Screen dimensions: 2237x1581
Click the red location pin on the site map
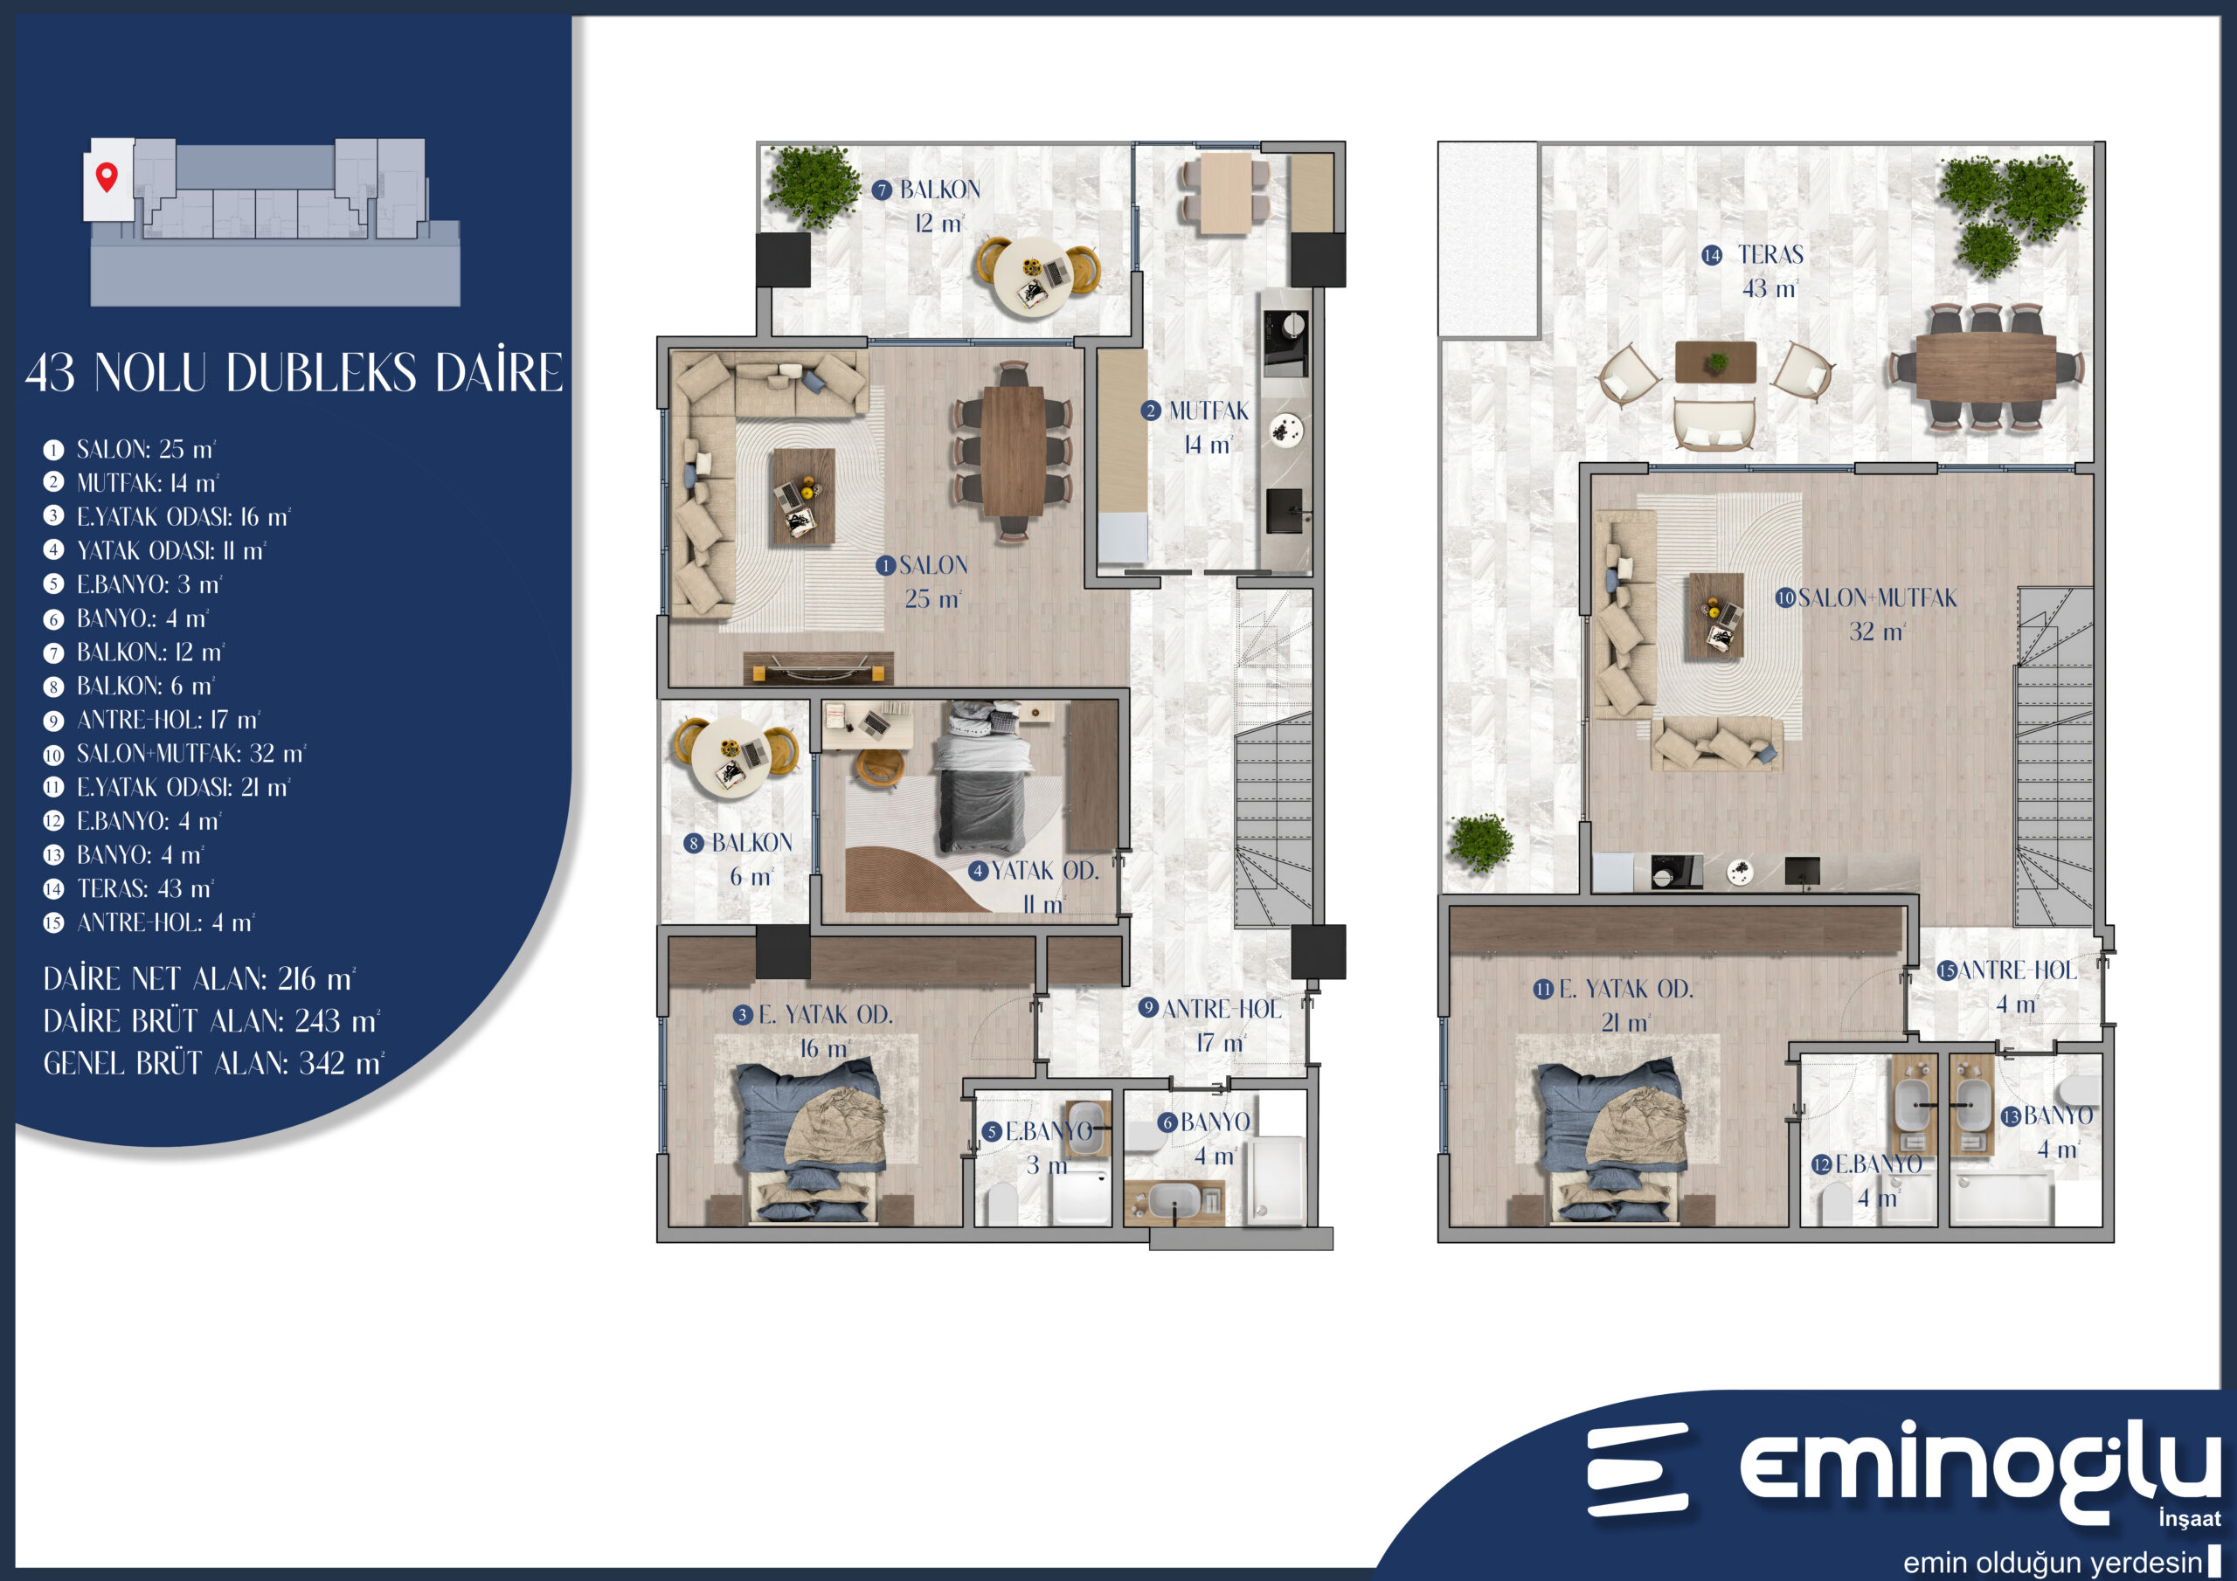(107, 176)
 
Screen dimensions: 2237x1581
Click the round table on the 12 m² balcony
(1036, 276)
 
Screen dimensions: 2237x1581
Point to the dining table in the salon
(1014, 451)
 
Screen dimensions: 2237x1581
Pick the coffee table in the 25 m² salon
(803, 495)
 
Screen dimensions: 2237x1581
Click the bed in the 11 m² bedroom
(982, 777)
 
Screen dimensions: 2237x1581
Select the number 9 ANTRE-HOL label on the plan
(1210, 1025)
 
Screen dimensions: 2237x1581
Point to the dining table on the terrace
(1985, 366)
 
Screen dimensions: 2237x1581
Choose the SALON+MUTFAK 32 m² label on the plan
(1866, 615)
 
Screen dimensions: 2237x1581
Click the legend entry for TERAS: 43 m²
(128, 888)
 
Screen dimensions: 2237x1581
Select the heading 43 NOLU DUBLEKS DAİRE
(294, 372)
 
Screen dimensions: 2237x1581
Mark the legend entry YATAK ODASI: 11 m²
(155, 551)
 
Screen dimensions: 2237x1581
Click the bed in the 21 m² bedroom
(1612, 1142)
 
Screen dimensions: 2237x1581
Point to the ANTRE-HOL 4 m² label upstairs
(2008, 987)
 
